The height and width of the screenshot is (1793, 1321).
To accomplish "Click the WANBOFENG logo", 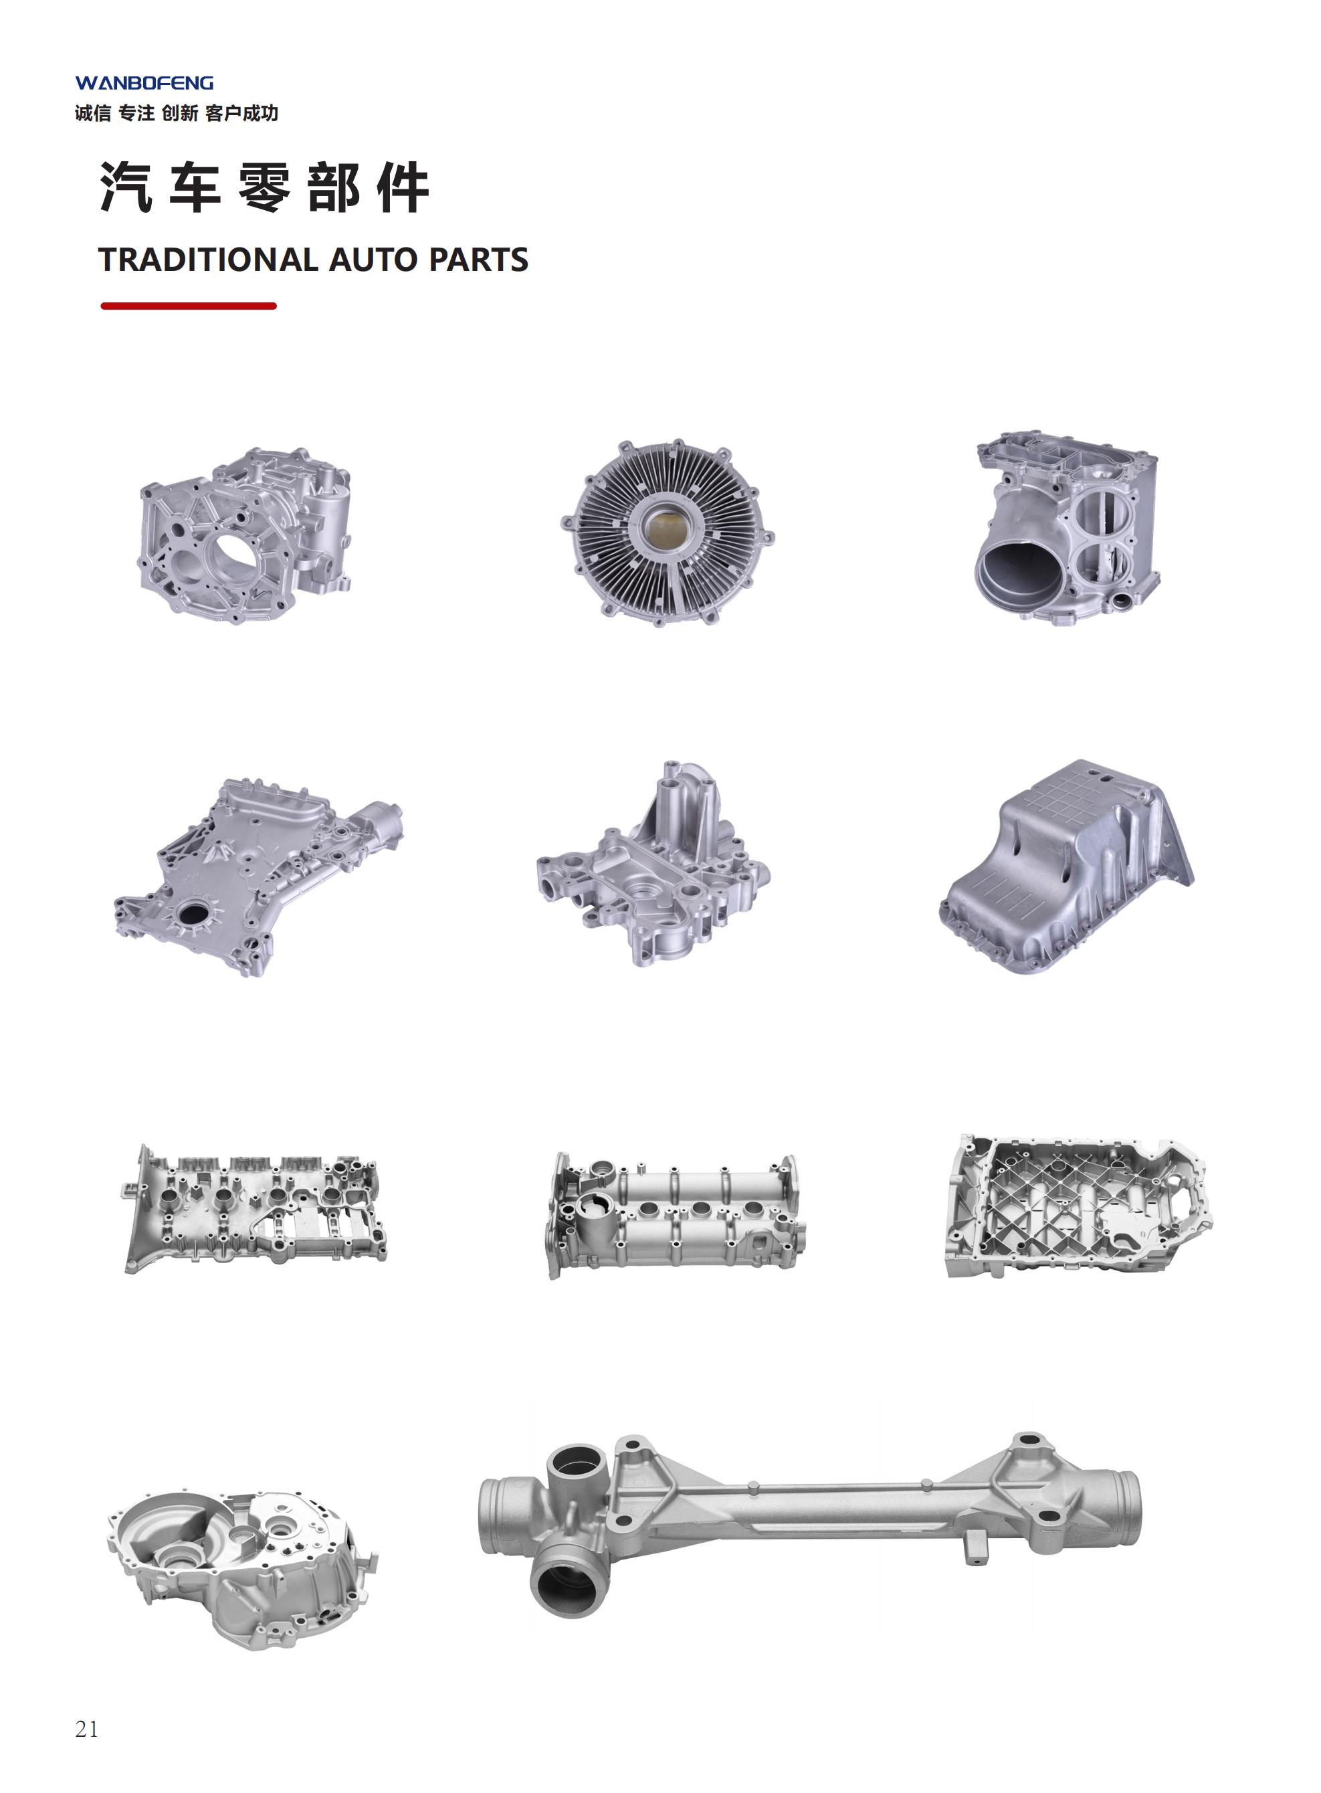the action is (144, 83).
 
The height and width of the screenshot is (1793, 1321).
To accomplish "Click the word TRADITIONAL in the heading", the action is (208, 260).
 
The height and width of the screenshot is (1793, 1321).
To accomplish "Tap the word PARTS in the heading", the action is (478, 260).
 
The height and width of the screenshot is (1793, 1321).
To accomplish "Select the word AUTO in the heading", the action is (373, 260).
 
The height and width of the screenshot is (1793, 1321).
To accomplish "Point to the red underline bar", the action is (189, 306).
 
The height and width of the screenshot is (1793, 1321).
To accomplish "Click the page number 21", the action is (86, 1729).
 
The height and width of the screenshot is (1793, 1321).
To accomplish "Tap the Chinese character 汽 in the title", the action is (126, 187).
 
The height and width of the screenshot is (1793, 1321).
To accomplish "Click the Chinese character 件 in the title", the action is (403, 187).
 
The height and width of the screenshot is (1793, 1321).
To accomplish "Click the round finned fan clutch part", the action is (667, 533).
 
